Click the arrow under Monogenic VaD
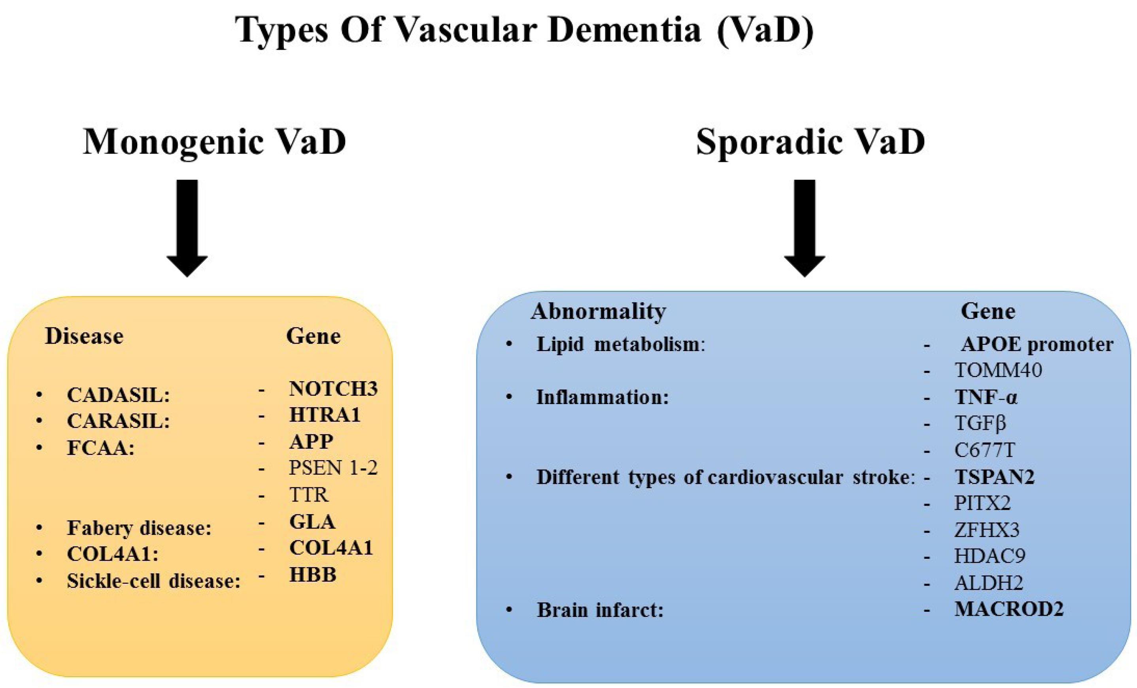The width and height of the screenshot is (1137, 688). (187, 228)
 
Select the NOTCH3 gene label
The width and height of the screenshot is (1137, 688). (333, 389)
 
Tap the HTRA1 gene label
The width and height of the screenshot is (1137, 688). (325, 415)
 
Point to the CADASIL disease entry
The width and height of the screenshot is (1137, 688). (118, 395)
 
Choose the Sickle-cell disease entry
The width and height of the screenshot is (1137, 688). (154, 581)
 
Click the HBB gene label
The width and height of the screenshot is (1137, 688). (312, 575)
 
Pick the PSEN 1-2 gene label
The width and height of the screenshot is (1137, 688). (333, 468)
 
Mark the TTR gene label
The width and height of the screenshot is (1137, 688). (309, 495)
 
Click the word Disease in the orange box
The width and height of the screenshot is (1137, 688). (84, 336)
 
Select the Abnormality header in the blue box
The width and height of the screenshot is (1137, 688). (599, 311)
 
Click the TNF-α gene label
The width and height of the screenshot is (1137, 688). (986, 397)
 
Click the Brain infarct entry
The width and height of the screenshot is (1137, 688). (600, 610)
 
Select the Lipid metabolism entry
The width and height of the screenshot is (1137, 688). (621, 345)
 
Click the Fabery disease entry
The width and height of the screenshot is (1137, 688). (139, 528)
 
